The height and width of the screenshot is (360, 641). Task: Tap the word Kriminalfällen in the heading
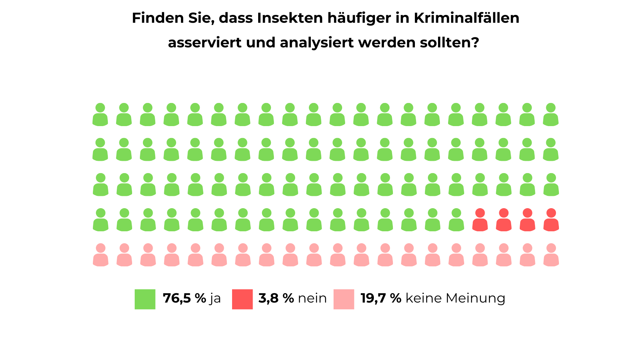click(466, 18)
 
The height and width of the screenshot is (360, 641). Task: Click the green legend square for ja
click(145, 299)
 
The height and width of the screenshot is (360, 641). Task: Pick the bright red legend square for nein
click(242, 299)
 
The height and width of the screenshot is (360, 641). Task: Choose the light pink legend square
click(344, 299)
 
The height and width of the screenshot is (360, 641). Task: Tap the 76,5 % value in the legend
click(184, 298)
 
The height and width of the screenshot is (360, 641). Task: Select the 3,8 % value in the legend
click(276, 298)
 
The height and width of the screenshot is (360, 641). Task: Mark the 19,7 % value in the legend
click(381, 298)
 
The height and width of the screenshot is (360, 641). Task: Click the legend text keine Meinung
click(455, 298)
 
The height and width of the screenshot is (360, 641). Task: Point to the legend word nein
click(312, 298)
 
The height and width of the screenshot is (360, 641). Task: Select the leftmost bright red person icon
click(480, 220)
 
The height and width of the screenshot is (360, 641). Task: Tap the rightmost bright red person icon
click(551, 220)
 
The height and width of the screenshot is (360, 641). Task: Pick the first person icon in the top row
click(100, 115)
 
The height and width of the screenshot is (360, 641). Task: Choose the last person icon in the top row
click(551, 115)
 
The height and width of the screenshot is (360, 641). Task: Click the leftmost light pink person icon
click(101, 255)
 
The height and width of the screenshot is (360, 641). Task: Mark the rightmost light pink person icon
click(551, 255)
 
